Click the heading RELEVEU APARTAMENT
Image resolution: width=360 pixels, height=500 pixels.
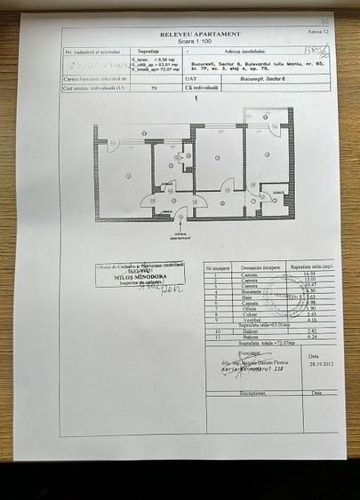coord(200,33)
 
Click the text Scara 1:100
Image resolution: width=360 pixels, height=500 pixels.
coord(200,41)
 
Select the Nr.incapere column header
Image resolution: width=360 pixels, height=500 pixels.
coord(218,266)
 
